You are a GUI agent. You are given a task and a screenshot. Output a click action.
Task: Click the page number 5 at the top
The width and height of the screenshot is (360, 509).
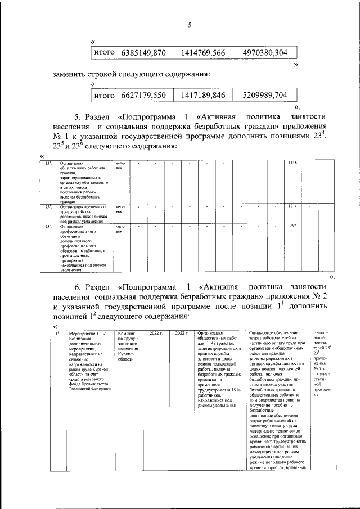pyautogui.click(x=190, y=25)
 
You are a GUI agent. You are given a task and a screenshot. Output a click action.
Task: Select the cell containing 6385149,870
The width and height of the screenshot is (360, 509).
pyautogui.click(x=143, y=53)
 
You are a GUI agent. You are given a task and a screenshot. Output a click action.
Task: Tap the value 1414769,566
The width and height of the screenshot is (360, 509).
pyautogui.click(x=203, y=53)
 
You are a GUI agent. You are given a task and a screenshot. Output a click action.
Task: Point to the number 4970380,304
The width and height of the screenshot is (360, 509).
pyautogui.click(x=265, y=53)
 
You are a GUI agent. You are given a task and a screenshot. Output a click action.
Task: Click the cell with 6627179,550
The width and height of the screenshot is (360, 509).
pyautogui.click(x=143, y=96)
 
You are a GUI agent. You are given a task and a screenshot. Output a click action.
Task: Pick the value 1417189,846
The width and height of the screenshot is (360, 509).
pyautogui.click(x=203, y=96)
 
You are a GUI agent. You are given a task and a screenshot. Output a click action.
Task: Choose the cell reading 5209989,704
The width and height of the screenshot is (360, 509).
pyautogui.click(x=265, y=96)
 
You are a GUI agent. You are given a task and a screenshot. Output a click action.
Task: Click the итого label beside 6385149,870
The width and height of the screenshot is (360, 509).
pyautogui.click(x=104, y=53)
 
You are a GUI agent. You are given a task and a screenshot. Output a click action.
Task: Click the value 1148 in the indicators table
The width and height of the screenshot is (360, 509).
pyautogui.click(x=292, y=163)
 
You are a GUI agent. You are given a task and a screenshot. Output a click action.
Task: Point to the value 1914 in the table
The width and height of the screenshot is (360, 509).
pyautogui.click(x=292, y=206)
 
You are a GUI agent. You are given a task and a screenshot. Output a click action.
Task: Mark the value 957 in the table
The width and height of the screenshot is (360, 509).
pyautogui.click(x=292, y=226)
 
